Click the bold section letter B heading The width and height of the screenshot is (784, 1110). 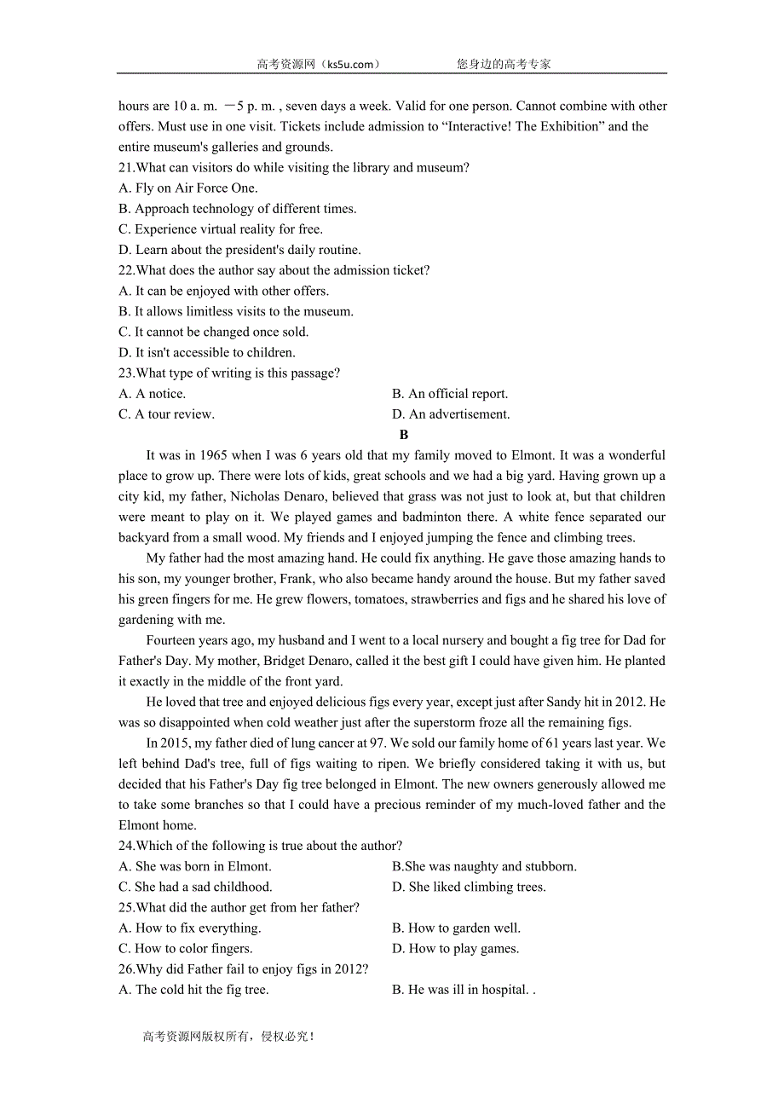point(404,435)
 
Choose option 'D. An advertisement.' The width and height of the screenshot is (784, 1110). point(450,414)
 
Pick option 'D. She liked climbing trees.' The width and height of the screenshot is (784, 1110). point(469,887)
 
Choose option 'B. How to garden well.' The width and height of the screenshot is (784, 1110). point(456,928)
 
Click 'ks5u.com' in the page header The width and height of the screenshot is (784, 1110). point(349,64)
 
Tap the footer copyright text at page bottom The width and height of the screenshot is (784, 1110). point(228,1037)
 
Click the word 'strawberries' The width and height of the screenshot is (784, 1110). point(445,599)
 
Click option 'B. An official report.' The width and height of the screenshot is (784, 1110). point(450,394)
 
